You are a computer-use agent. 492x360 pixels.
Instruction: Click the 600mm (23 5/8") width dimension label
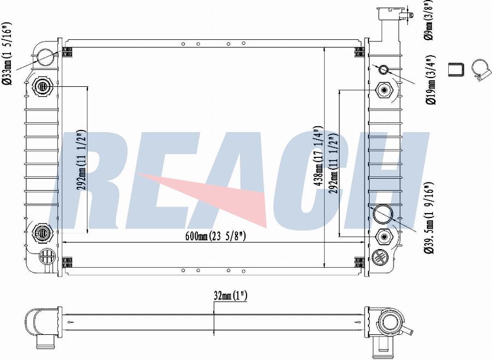[x=215, y=236]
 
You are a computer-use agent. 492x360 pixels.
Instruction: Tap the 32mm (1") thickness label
[x=230, y=296]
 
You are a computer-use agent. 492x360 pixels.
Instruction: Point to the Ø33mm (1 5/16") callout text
[x=7, y=54]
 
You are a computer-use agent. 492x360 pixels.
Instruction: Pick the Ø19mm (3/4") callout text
[x=431, y=80]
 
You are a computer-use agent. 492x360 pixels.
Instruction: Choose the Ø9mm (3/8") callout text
[x=429, y=20]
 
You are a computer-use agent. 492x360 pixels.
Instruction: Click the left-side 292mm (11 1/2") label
[x=81, y=160]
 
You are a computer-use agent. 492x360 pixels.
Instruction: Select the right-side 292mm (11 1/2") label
[x=333, y=163]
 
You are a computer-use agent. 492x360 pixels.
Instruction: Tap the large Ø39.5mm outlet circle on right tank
[x=383, y=214]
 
